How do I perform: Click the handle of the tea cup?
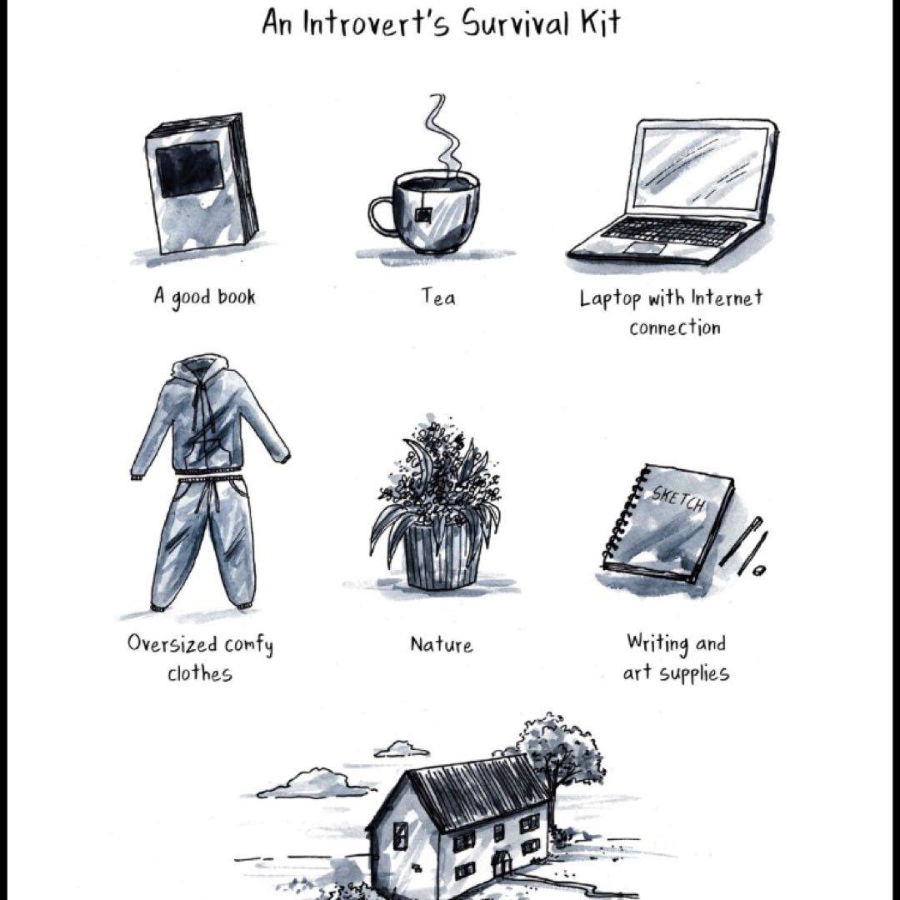coord(381,216)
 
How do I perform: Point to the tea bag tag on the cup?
coord(424,215)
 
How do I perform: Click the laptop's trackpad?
coord(646,247)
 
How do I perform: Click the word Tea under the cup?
coord(439,297)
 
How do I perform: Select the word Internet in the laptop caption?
coord(727,297)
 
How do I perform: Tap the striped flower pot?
coord(442,556)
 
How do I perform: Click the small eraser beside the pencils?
coord(759,571)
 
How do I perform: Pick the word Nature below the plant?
coord(442,644)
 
